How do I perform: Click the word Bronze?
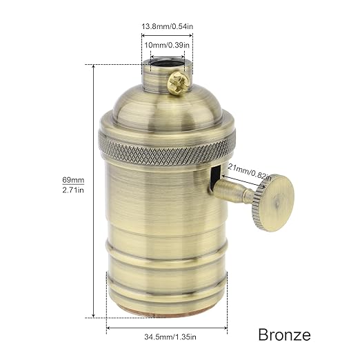pyautogui.click(x=284, y=335)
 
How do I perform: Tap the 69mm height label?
pyautogui.click(x=72, y=181)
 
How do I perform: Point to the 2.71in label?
pyautogui.click(x=72, y=190)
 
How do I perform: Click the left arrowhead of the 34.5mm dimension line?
pyautogui.click(x=109, y=328)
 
